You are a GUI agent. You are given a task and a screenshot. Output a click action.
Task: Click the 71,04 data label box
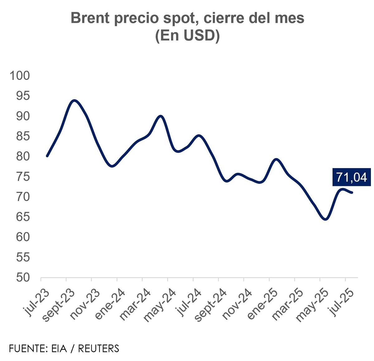(x=352, y=177)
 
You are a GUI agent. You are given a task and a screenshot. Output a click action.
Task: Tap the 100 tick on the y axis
(x=20, y=76)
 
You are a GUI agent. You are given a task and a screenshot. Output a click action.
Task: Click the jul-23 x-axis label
(x=36, y=303)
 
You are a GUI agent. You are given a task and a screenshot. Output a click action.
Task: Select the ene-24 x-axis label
(x=110, y=304)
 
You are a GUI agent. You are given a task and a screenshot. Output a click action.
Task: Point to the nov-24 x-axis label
(x=237, y=304)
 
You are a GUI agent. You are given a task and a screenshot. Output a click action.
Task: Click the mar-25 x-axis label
(x=288, y=304)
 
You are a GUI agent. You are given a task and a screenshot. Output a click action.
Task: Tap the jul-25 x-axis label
(x=342, y=303)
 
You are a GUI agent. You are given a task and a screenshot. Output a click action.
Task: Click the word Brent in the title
(x=90, y=18)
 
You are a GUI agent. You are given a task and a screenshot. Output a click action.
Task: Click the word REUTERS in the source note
(x=98, y=348)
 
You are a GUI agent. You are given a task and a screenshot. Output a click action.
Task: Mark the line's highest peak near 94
(x=74, y=100)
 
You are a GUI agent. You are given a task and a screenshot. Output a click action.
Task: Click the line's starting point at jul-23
(x=47, y=156)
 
